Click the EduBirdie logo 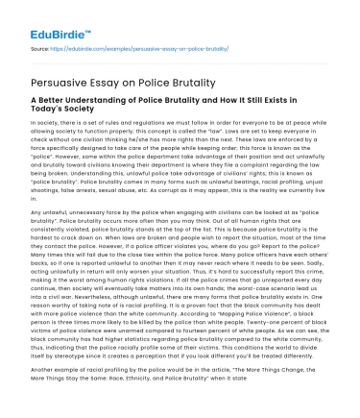pyautogui.click(x=46, y=19)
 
